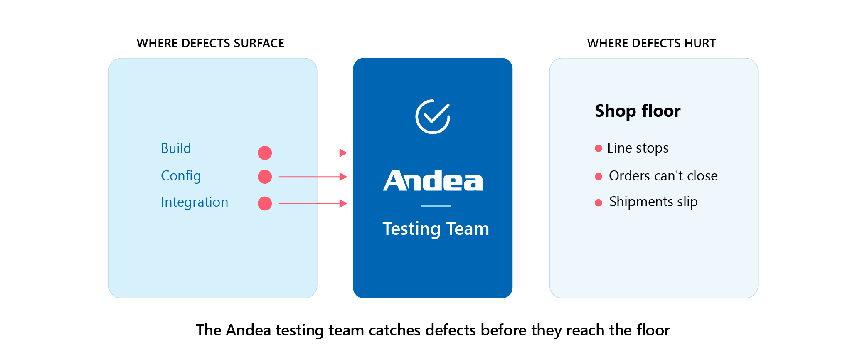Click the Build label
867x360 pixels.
click(176, 148)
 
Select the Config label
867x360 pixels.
click(181, 176)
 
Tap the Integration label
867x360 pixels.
click(195, 202)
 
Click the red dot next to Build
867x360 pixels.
click(265, 153)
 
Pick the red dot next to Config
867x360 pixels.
click(265, 177)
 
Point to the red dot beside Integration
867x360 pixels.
click(265, 203)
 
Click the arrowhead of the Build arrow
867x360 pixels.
click(343, 153)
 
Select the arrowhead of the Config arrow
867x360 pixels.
click(343, 177)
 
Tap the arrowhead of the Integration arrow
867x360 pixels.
click(343, 203)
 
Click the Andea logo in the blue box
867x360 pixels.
click(433, 180)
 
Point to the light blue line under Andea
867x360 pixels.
click(436, 206)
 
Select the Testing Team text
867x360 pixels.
click(436, 229)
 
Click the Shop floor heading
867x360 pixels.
click(638, 111)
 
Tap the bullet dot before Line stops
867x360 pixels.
click(599, 148)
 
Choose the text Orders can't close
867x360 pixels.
click(663, 176)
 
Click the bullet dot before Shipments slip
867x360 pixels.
click(599, 203)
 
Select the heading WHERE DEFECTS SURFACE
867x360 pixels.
click(210, 43)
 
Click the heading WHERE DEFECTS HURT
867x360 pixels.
click(651, 43)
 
